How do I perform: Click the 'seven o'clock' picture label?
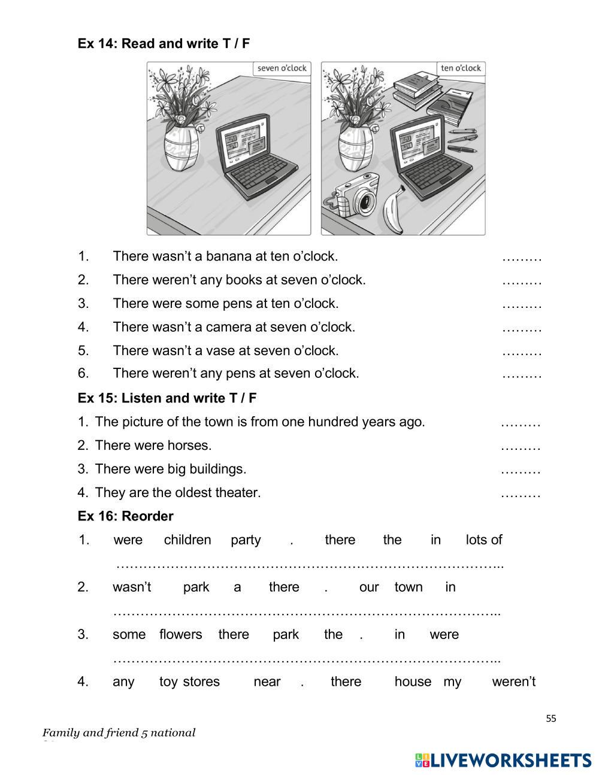pyautogui.click(x=282, y=68)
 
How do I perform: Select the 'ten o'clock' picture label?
pyautogui.click(x=461, y=68)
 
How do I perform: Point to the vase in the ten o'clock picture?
pyautogui.click(x=355, y=148)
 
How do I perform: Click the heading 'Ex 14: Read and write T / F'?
pyautogui.click(x=164, y=44)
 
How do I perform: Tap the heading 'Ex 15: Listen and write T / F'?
pyautogui.click(x=167, y=398)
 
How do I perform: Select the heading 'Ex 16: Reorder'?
pyautogui.click(x=125, y=516)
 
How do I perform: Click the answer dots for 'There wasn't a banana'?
pyautogui.click(x=522, y=257)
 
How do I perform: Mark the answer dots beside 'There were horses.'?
pyautogui.click(x=521, y=446)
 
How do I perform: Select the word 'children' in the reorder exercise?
pyautogui.click(x=187, y=540)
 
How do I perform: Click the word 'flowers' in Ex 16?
pyautogui.click(x=180, y=635)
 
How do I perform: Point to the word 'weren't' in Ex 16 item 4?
pyautogui.click(x=513, y=682)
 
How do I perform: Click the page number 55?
pyautogui.click(x=551, y=719)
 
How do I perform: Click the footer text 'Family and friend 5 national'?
pyautogui.click(x=119, y=732)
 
